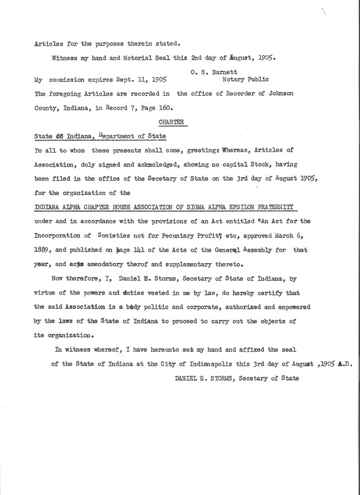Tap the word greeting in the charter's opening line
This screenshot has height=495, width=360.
pyautogui.click(x=203, y=150)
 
